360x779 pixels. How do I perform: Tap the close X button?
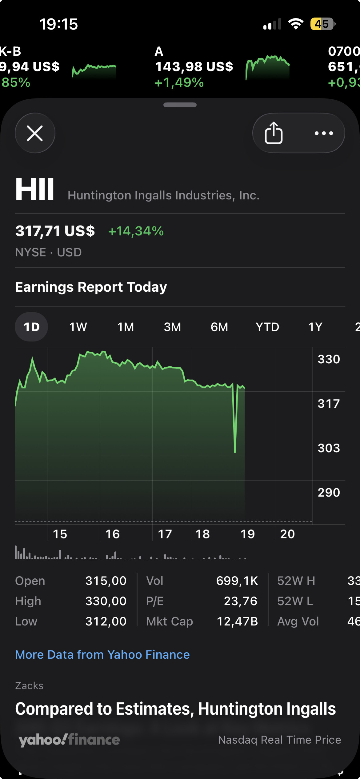coord(35,133)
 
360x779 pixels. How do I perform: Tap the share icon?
coord(274,133)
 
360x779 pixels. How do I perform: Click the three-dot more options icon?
coord(324,133)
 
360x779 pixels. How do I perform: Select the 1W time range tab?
coord(78,327)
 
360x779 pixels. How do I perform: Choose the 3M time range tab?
coord(172,327)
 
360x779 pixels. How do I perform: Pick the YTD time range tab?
coord(267,327)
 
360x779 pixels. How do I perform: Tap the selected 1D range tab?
coord(31,327)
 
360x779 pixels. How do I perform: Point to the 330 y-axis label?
coord(329,359)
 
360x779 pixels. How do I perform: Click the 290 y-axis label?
coord(329,492)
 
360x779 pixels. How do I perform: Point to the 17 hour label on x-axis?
coord(165,534)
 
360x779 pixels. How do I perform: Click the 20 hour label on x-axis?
coord(287,534)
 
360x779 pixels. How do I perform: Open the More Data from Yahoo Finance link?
coord(102,654)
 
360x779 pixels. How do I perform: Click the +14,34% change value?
coord(136,231)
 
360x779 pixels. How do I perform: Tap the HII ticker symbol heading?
coord(35,189)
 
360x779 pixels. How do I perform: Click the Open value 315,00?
coord(106,581)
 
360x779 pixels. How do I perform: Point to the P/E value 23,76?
coord(240,601)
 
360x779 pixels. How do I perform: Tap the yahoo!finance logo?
coord(69,740)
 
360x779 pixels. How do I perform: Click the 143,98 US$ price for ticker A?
coord(194,66)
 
